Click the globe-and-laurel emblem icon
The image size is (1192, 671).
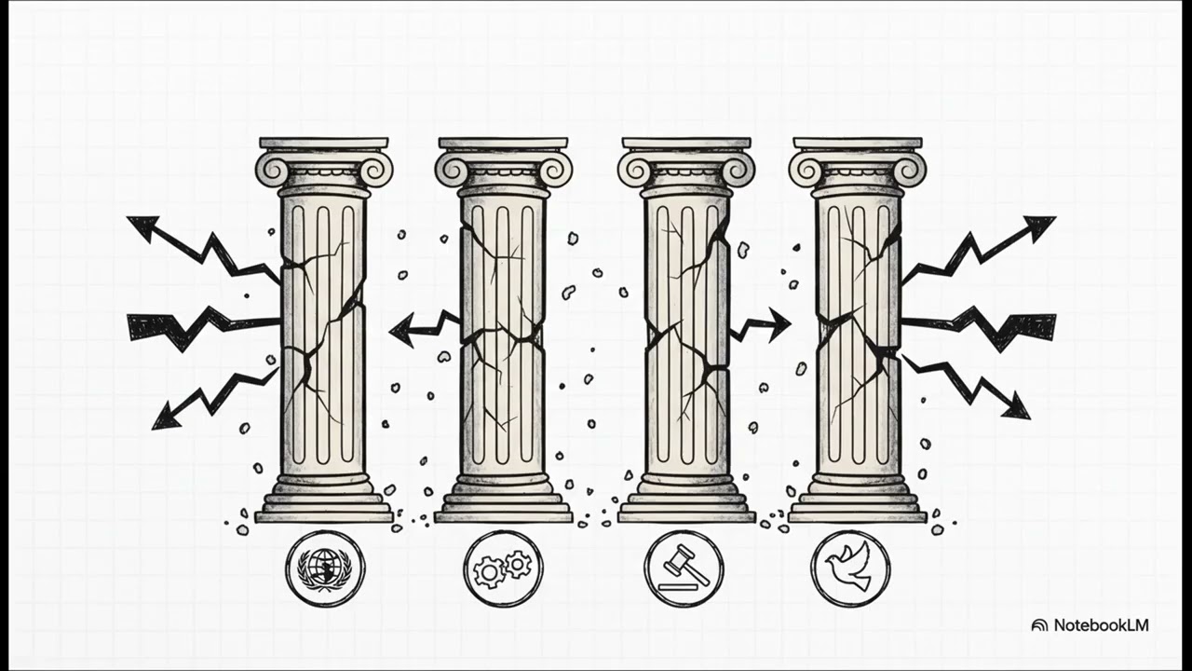click(325, 568)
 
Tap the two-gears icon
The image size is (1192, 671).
click(503, 568)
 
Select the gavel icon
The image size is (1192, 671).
click(684, 568)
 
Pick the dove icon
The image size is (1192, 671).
click(850, 568)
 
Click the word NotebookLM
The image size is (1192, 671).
click(1101, 625)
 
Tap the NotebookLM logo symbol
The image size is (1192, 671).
click(1039, 625)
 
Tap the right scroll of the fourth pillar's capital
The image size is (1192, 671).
click(909, 169)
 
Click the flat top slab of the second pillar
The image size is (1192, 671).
click(503, 144)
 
